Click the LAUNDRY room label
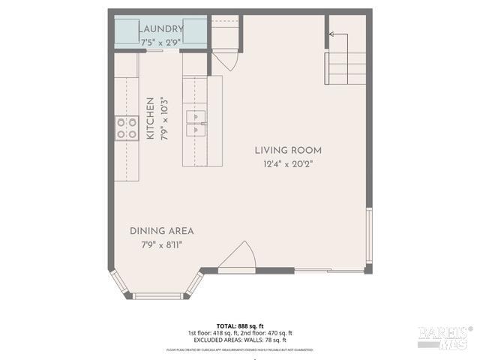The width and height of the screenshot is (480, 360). point(160,29)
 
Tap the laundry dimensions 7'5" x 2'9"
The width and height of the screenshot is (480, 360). point(160,43)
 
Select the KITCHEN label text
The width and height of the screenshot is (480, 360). point(151,118)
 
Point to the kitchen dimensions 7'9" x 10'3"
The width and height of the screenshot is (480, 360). point(164,118)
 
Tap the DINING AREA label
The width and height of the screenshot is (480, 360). point(161,231)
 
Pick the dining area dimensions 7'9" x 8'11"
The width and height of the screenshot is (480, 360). point(161,244)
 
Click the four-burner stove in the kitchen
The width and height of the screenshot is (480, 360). point(126,128)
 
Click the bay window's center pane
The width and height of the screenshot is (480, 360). point(157,296)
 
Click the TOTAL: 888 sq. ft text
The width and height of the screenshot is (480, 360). point(240,325)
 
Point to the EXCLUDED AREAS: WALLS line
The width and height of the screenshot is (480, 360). point(240,340)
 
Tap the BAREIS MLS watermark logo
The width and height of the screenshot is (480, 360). point(444,337)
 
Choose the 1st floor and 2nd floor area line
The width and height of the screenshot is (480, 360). point(240,333)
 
